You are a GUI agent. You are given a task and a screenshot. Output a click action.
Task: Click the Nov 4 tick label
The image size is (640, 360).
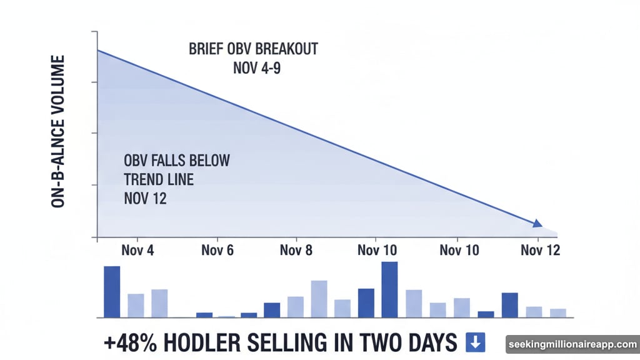[x=138, y=250]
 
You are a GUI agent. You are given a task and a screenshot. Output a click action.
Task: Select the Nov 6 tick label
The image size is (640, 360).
[x=217, y=250]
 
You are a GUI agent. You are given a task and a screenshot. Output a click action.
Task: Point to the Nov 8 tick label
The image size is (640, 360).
[x=296, y=250]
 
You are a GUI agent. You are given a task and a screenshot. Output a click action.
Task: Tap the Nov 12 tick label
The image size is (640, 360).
[x=541, y=250]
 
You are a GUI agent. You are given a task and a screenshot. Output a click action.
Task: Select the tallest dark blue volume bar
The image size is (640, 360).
[x=389, y=289]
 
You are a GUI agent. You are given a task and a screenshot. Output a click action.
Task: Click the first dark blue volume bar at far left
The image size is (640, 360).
[x=112, y=292]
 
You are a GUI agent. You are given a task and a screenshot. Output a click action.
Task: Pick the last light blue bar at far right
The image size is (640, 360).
[x=558, y=312]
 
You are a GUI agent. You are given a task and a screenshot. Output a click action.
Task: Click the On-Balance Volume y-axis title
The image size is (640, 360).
[x=59, y=131]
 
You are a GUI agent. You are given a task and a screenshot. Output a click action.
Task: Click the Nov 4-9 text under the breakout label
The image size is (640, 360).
[x=256, y=67]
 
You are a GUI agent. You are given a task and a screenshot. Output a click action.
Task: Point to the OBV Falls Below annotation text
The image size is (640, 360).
[x=177, y=161]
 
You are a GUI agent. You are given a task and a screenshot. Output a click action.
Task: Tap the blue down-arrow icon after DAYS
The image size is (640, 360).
[x=475, y=342]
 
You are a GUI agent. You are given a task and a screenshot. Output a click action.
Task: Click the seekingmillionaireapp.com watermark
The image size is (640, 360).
[x=571, y=344]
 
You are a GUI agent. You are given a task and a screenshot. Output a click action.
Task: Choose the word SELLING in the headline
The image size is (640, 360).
[x=292, y=342]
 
